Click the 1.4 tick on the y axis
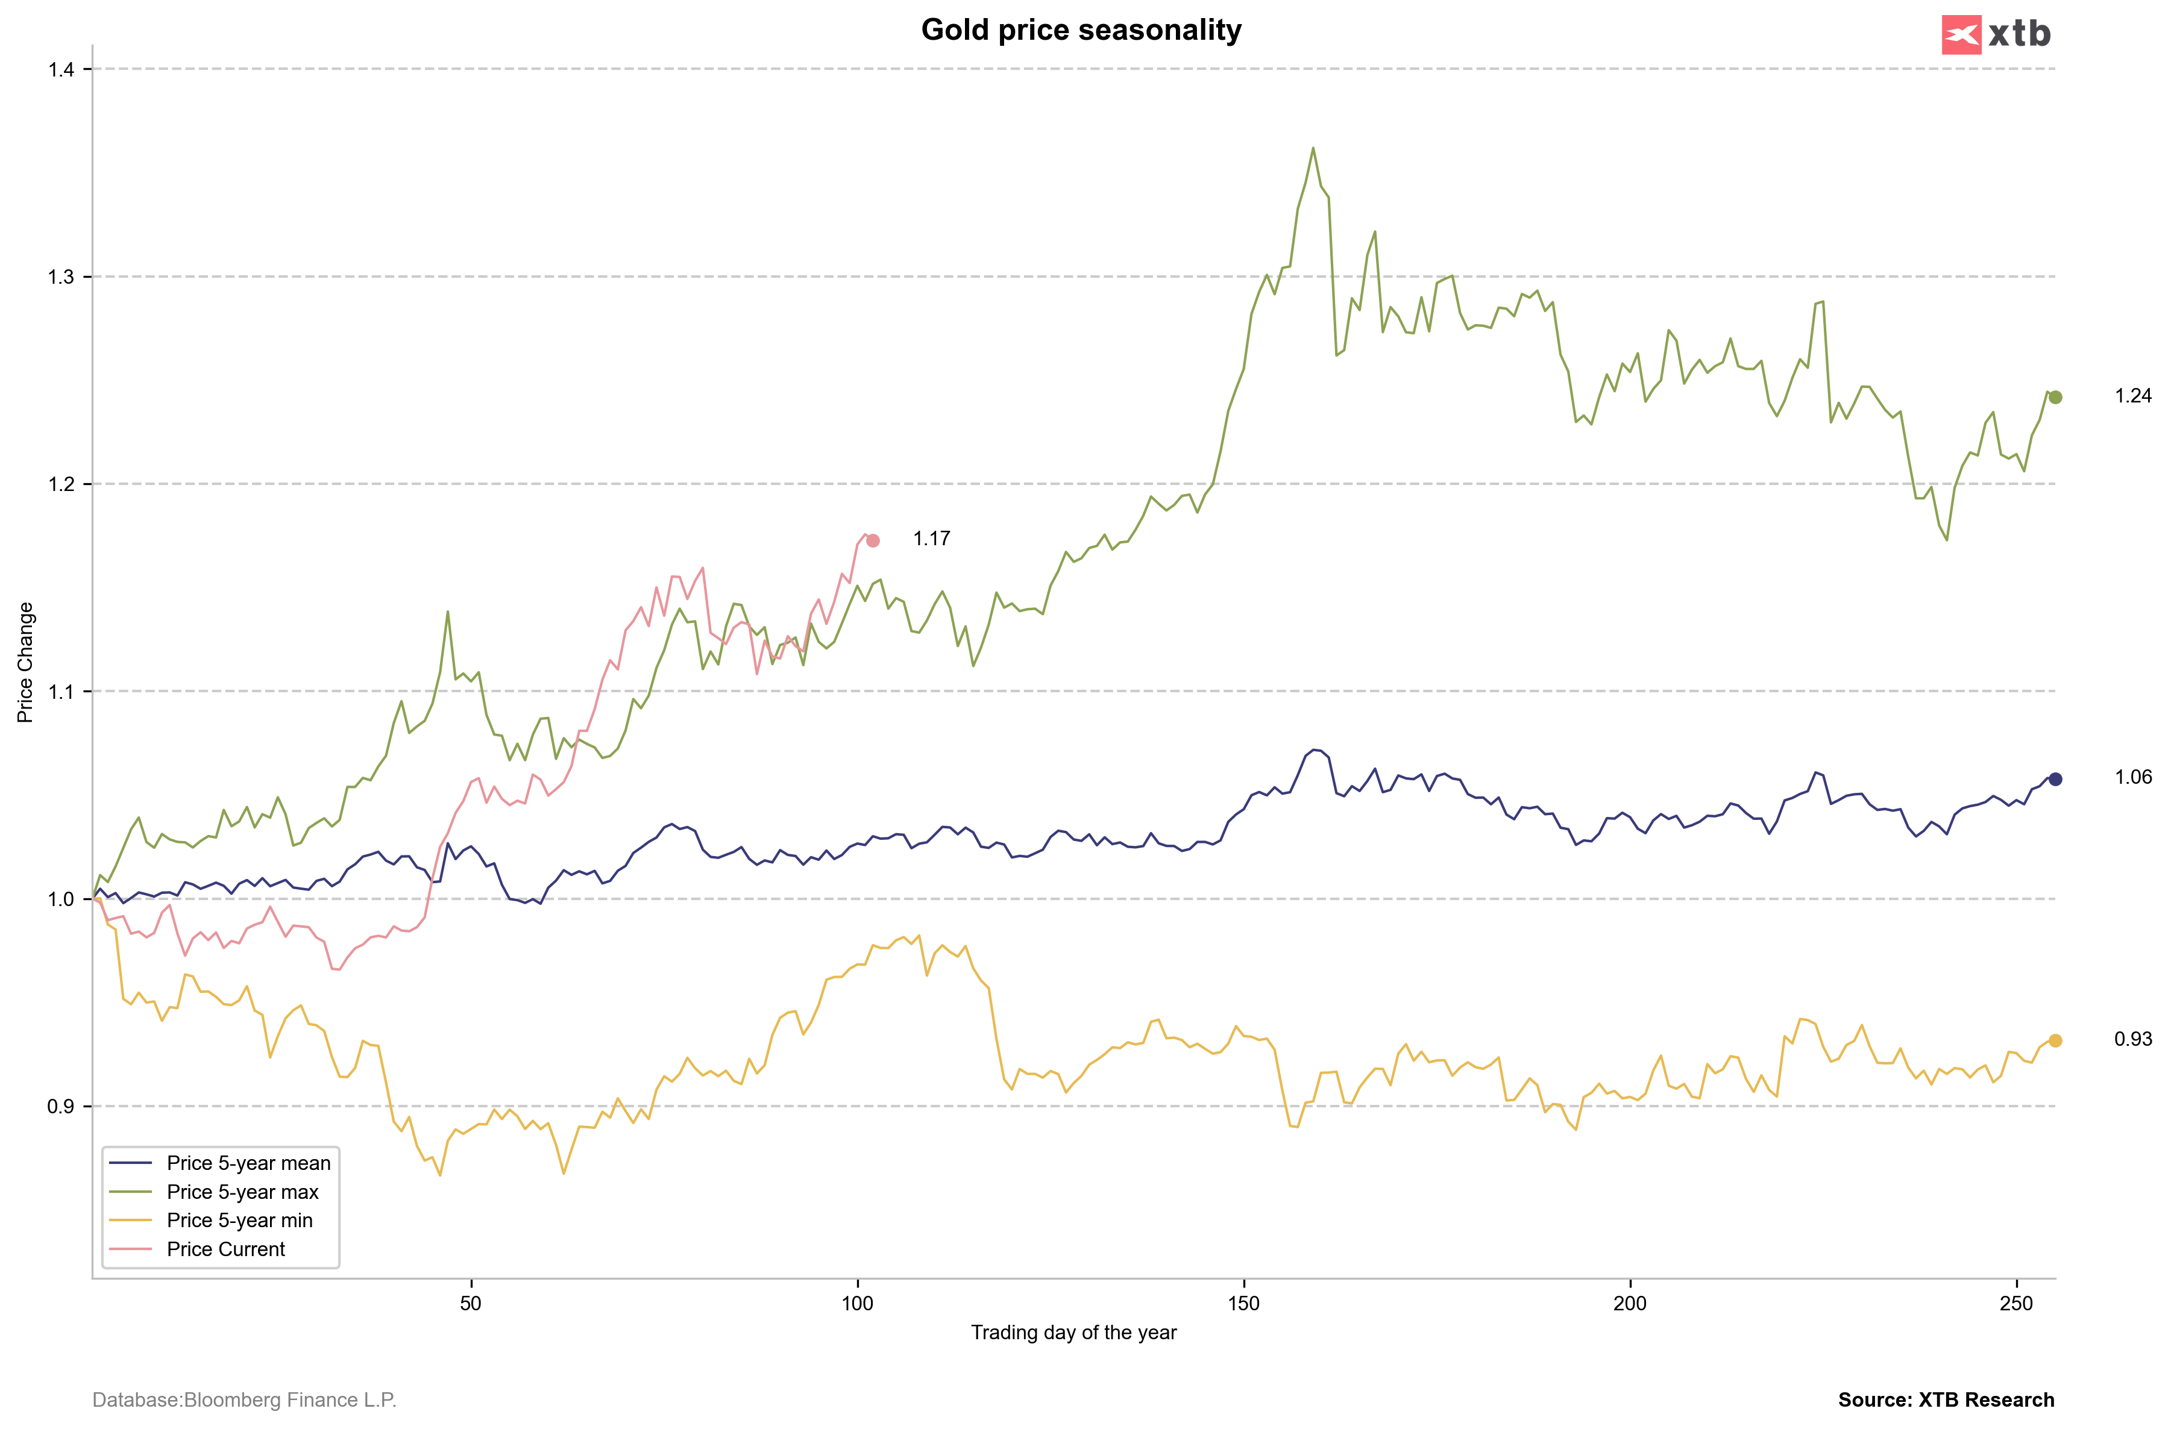click(x=62, y=69)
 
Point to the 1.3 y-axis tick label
click(x=62, y=277)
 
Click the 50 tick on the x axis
click(x=471, y=1303)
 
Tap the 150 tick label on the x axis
click(x=1243, y=1303)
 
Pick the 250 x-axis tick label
click(x=2016, y=1303)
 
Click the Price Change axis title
click(x=25, y=662)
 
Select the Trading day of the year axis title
click(x=1073, y=1333)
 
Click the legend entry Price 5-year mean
click(x=248, y=1163)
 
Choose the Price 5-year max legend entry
click(x=243, y=1192)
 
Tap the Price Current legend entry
click(x=225, y=1249)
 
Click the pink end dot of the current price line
click(x=873, y=541)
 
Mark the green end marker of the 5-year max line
click(x=2055, y=398)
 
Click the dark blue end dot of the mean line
click(x=2055, y=779)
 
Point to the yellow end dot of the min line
click(x=2055, y=1040)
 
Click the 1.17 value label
click(x=931, y=539)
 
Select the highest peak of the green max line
click(x=1313, y=148)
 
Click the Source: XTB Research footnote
click(x=1946, y=1400)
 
